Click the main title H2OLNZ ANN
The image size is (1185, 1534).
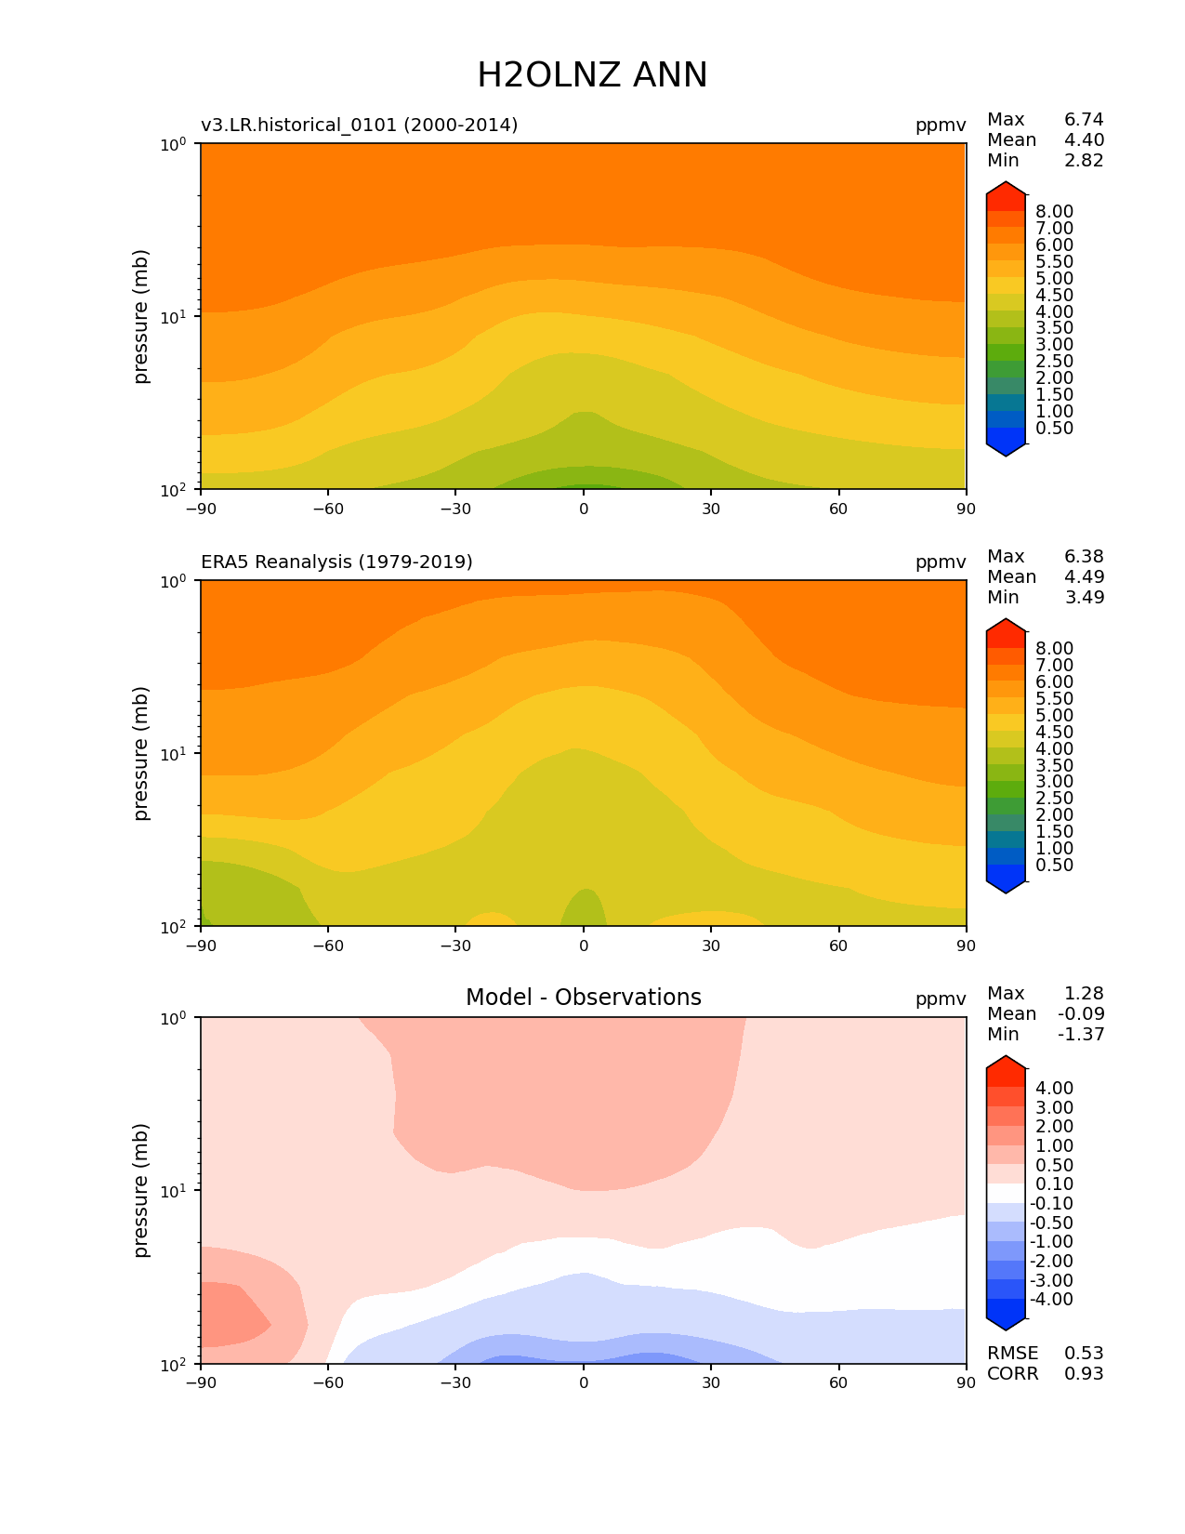(592, 75)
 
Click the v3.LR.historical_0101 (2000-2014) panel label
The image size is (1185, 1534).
(359, 125)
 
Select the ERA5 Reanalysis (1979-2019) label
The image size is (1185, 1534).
(336, 562)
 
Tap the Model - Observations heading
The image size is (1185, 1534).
(583, 998)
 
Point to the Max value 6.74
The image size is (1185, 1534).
(1084, 119)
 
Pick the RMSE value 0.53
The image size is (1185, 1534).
(1084, 1353)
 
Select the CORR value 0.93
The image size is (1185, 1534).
(1084, 1373)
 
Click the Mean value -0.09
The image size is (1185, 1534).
(1081, 1013)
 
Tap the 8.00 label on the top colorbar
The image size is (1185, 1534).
(1054, 211)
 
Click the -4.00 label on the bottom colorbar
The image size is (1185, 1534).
(1051, 1299)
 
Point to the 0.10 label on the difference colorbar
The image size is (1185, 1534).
(1054, 1184)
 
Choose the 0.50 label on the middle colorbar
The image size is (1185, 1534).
(1054, 865)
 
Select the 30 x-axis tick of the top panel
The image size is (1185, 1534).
(711, 509)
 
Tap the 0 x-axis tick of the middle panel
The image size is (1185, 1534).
(584, 946)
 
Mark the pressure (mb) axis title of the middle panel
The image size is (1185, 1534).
(141, 753)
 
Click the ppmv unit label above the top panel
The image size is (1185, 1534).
(941, 125)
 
